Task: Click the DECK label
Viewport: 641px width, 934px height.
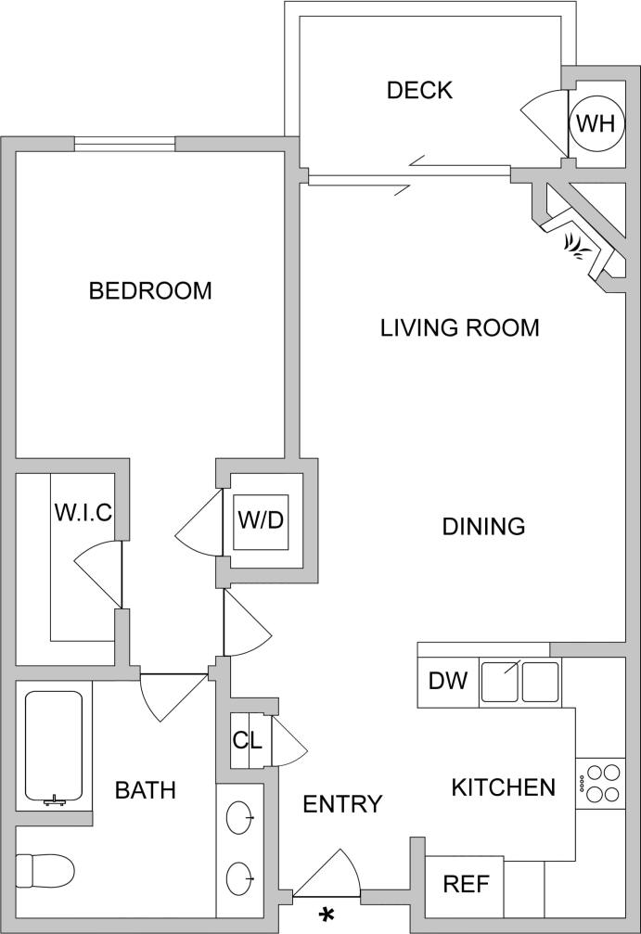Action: point(419,90)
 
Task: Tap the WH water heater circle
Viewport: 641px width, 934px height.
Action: point(595,123)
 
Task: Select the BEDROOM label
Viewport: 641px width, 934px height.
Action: point(150,290)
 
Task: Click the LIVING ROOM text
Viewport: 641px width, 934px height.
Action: point(460,327)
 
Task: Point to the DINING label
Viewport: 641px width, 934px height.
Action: point(483,527)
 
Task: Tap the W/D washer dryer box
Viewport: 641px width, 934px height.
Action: point(261,520)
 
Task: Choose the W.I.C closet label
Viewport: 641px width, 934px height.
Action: point(83,512)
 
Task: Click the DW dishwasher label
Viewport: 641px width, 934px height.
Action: point(447,682)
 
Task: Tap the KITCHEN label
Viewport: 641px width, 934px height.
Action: point(503,787)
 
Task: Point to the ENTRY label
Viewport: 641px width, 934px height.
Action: point(342,804)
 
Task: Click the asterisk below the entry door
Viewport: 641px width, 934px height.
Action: point(327,915)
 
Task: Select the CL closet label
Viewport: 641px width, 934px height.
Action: point(248,742)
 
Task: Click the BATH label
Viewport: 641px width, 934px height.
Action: point(146,790)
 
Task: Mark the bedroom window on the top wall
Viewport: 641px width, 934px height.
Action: point(124,144)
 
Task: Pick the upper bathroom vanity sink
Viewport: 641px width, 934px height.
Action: point(240,818)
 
